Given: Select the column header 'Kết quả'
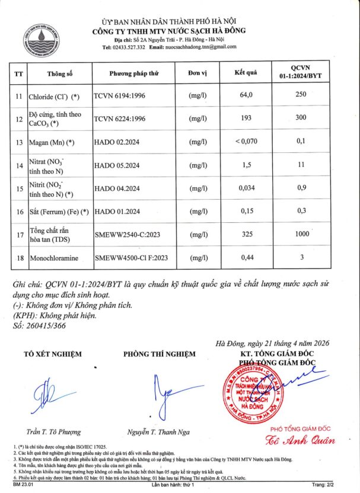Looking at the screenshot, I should point(246,73).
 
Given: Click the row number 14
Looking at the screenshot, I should point(18,165).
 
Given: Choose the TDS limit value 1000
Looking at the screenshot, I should point(302,234).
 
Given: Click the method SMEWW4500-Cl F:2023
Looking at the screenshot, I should point(132,258).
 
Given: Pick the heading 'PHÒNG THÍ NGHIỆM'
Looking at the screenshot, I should point(159,354).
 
